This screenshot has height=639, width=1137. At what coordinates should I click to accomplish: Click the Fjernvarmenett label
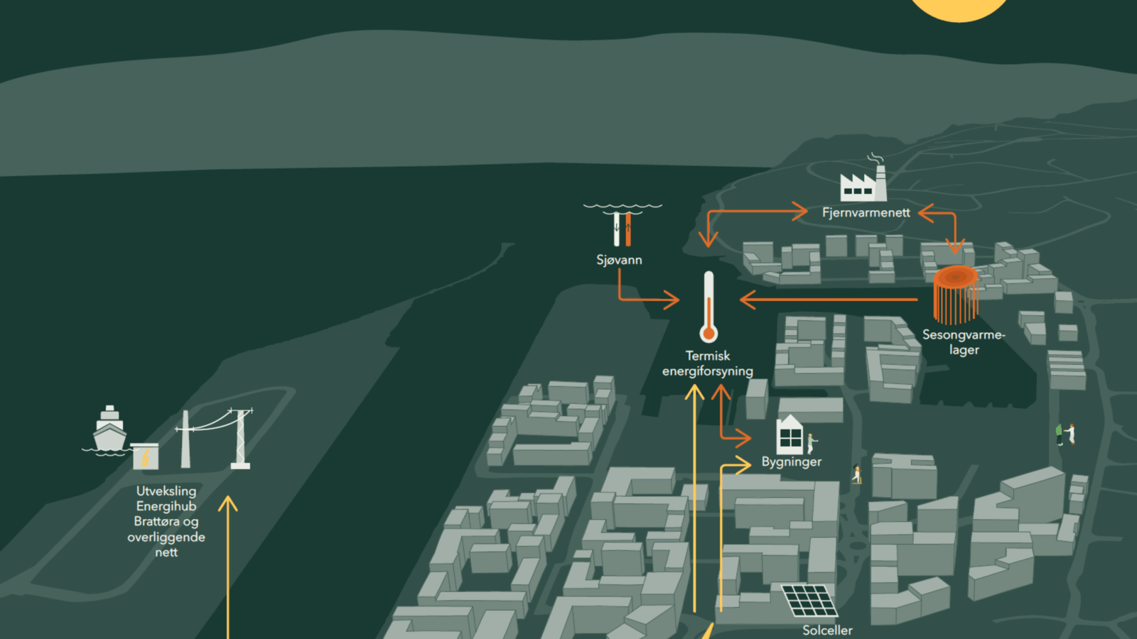click(x=866, y=213)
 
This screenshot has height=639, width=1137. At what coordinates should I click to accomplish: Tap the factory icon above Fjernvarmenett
click(x=863, y=177)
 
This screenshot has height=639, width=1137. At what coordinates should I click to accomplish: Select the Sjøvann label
click(x=619, y=260)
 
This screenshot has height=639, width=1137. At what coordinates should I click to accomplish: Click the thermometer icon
click(x=708, y=307)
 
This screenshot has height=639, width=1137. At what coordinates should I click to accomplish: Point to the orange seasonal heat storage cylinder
click(x=956, y=294)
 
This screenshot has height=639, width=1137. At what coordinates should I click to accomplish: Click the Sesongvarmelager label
click(x=964, y=342)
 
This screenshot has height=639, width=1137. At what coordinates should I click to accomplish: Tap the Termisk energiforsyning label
click(x=708, y=364)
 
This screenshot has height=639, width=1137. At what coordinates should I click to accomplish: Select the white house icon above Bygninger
click(x=790, y=435)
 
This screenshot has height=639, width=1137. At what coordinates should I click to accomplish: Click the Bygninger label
click(x=792, y=462)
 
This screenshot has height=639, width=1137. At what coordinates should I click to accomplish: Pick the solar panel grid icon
click(x=809, y=601)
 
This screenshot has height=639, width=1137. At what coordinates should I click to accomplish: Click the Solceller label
click(x=827, y=630)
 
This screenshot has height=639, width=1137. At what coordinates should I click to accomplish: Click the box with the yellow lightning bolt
click(x=145, y=457)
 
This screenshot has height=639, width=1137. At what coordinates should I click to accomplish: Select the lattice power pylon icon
click(x=240, y=439)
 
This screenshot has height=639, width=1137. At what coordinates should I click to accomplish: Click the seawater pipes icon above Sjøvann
click(x=623, y=226)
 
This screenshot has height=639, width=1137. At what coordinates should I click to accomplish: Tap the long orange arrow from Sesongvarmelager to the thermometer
click(x=829, y=300)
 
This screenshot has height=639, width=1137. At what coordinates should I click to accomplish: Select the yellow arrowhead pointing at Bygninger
click(x=743, y=465)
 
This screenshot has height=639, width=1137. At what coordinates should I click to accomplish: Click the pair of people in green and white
click(x=1065, y=435)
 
